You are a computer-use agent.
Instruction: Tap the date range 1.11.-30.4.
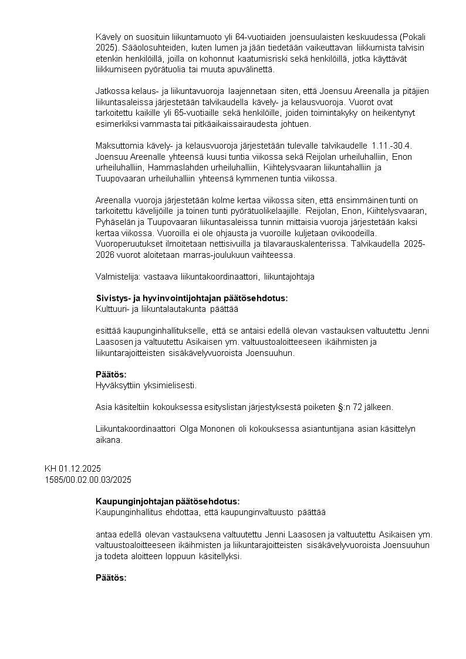pyautogui.click(x=393, y=144)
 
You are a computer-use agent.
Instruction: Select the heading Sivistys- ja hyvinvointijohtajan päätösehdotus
pyautogui.click(x=192, y=298)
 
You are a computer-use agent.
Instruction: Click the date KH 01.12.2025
pyautogui.click(x=73, y=469)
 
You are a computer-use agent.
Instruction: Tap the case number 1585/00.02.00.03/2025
pyautogui.click(x=88, y=480)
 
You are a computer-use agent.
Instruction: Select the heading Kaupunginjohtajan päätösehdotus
pyautogui.click(x=168, y=502)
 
